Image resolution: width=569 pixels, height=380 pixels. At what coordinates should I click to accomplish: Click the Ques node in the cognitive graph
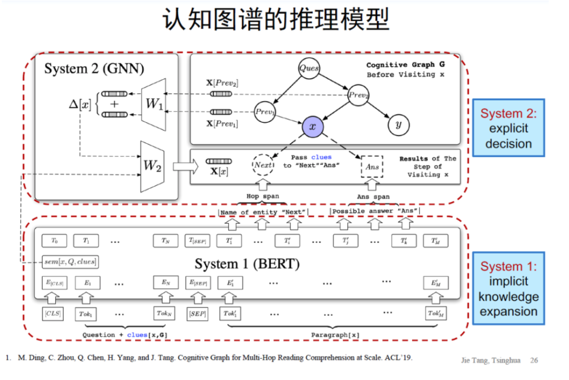309,69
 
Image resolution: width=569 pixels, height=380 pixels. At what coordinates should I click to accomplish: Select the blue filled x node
312,126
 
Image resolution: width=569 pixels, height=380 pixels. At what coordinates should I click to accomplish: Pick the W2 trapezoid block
152,166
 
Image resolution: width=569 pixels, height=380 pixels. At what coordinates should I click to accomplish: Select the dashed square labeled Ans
372,166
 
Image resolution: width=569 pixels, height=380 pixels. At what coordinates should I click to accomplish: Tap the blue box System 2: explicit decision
508,129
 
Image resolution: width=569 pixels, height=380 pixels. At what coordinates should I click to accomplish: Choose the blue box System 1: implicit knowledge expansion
508,288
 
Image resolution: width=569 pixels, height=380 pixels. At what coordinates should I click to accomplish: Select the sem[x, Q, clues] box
70,262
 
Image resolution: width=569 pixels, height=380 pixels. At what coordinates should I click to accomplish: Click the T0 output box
54,241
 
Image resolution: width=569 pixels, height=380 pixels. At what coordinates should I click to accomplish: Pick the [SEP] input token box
197,313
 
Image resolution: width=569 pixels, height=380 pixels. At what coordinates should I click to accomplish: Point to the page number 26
534,360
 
